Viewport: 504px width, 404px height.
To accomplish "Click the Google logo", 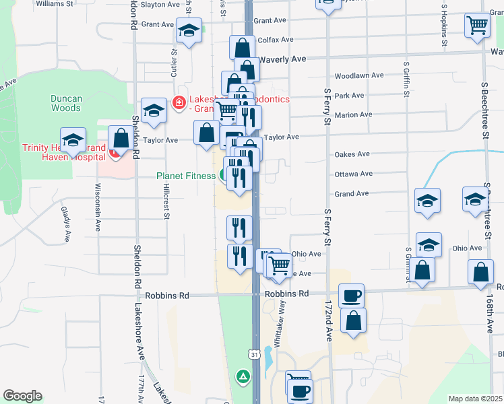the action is pos(22,396).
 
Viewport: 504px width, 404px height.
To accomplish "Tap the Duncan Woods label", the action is pos(66,103).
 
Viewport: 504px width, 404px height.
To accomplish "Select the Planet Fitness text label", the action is pos(186,176).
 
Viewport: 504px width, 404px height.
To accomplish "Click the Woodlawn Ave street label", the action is pos(358,76).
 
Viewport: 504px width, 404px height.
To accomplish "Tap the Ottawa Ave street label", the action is pos(353,174).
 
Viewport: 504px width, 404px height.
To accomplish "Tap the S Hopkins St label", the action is pos(445,26).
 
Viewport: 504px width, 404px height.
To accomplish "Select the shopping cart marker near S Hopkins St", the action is pos(477,25).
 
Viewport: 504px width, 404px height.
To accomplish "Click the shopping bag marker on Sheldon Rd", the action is pos(121,138).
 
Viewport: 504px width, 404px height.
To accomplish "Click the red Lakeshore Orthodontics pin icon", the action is pos(179,102).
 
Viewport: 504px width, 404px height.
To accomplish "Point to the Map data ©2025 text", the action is pos(476,399).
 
